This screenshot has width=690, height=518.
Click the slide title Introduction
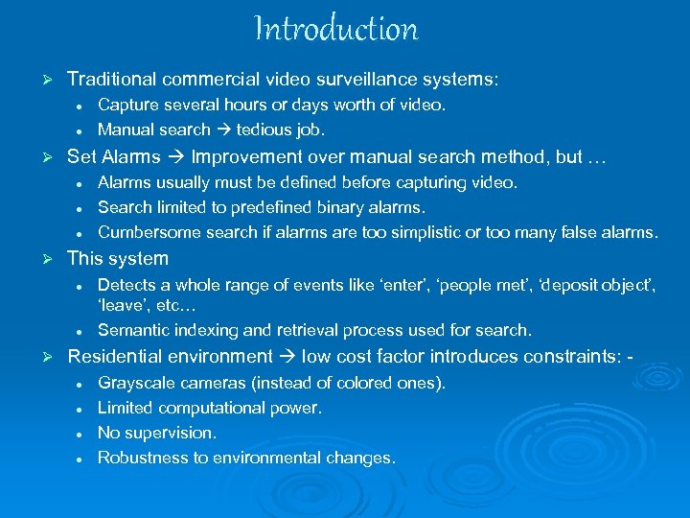pos(336,29)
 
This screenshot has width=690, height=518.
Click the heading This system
pos(117,259)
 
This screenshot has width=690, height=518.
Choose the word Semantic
pos(133,331)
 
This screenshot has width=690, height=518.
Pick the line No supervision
pos(157,434)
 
